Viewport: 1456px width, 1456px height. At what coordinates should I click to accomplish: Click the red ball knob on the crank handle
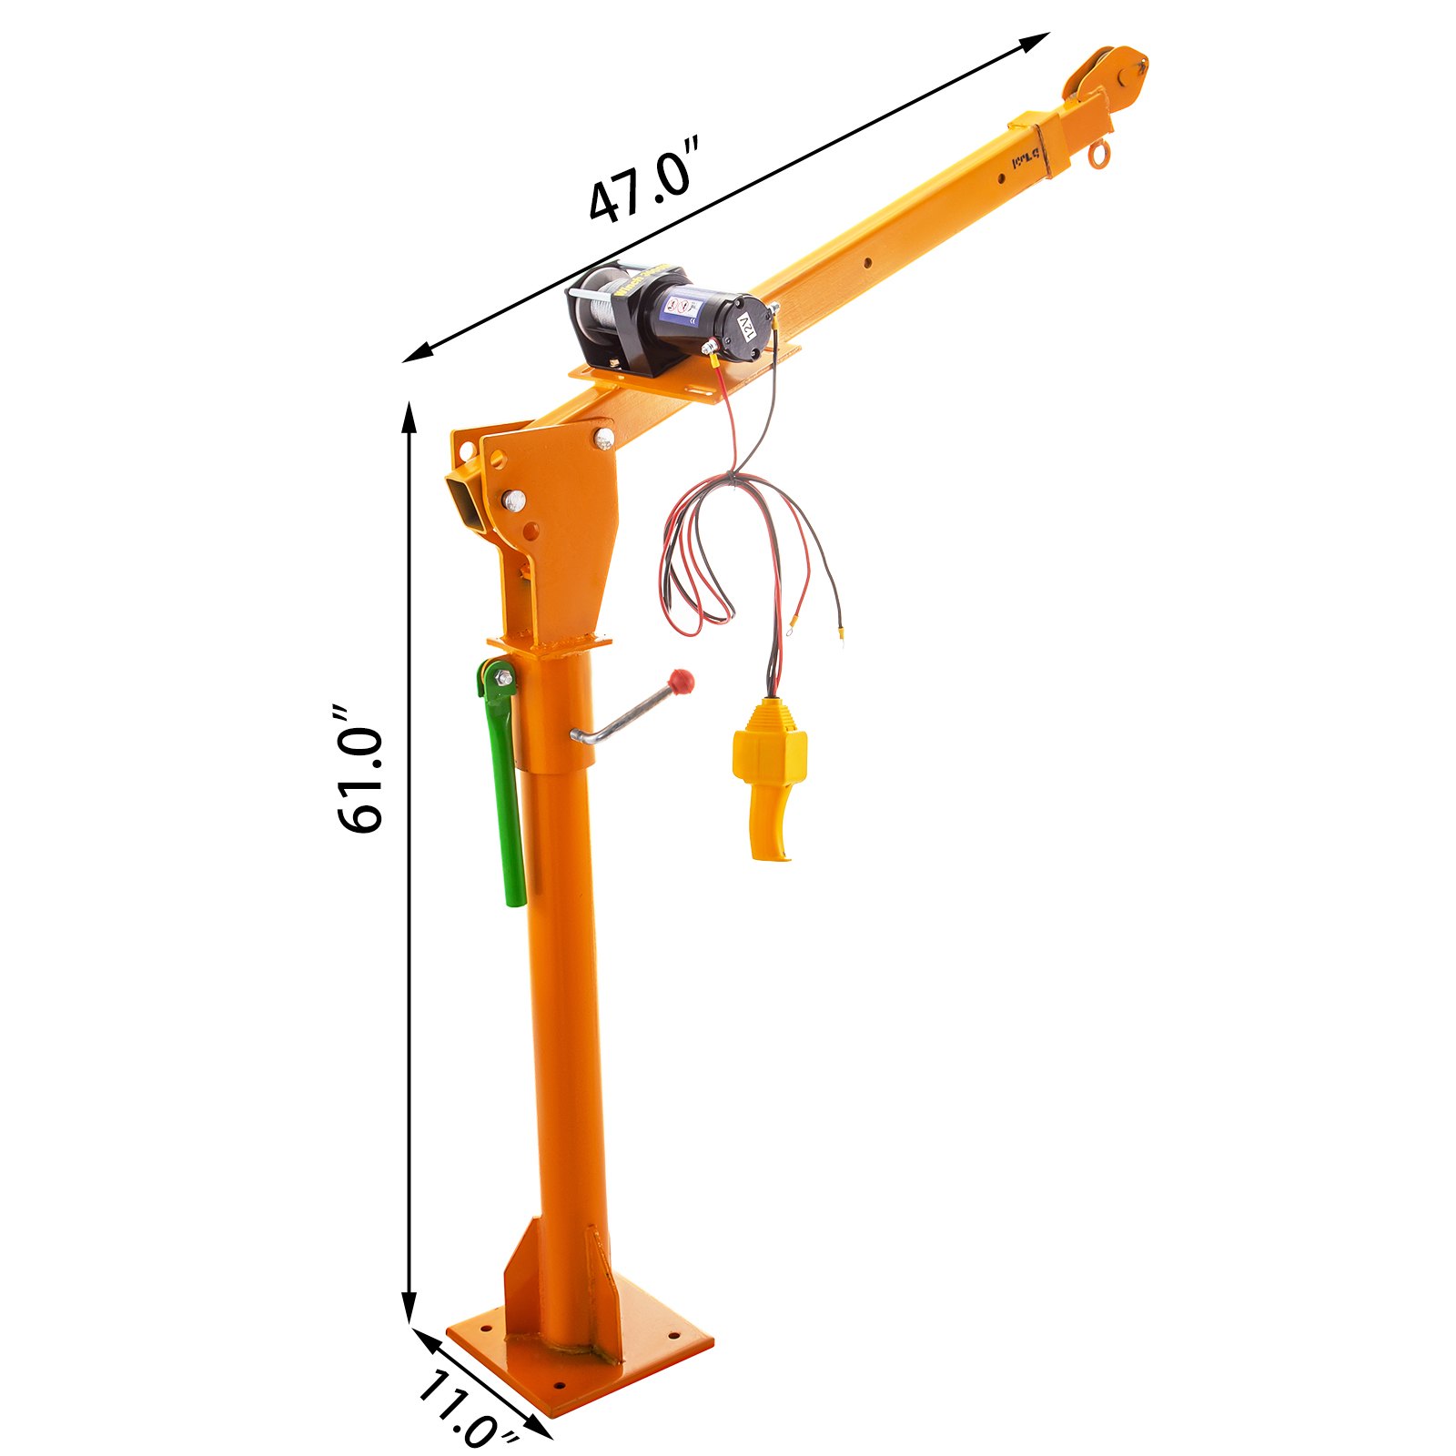click(682, 680)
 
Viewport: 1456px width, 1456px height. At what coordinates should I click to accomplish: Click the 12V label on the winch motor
click(747, 327)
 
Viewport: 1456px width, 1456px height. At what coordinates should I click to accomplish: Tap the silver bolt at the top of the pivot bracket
click(604, 439)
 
